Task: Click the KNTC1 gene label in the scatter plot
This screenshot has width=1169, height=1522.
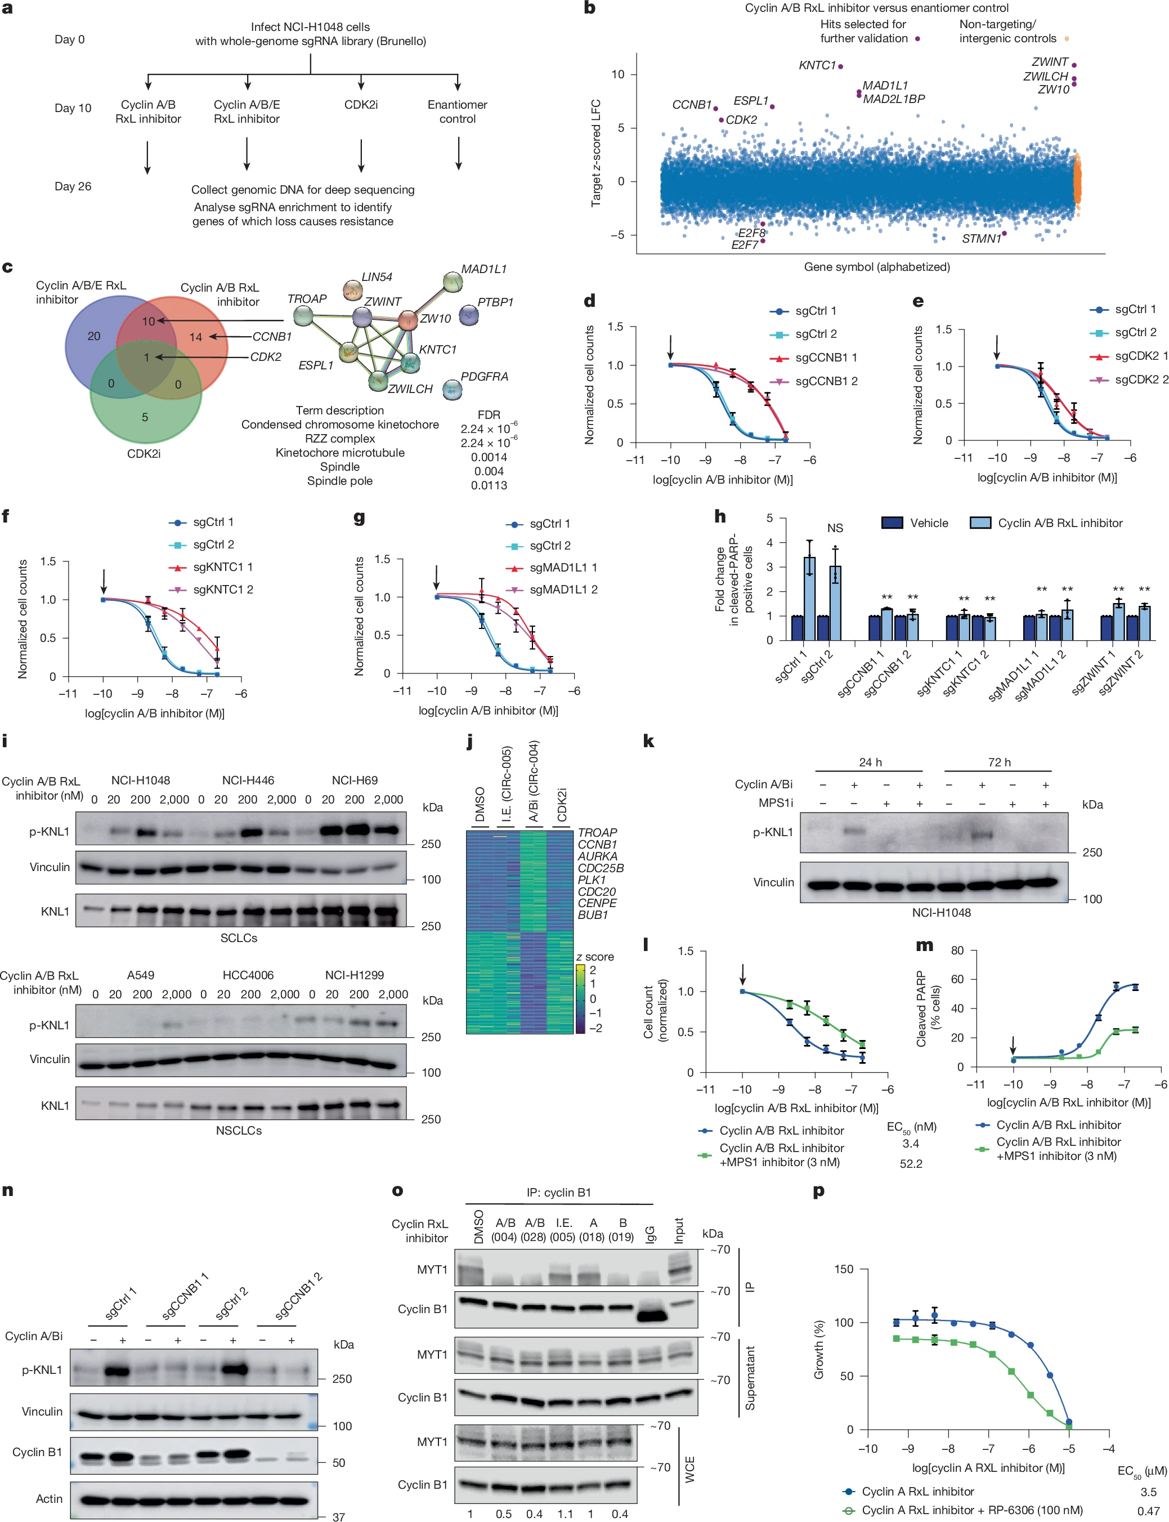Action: coord(816,65)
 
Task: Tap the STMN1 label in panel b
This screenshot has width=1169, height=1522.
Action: coord(981,239)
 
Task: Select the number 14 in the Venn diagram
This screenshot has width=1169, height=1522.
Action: coord(195,337)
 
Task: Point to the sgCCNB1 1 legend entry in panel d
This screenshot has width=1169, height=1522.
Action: coord(826,357)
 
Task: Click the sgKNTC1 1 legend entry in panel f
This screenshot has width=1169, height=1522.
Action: coord(223,567)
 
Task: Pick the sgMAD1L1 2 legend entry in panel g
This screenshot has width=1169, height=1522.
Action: coord(563,589)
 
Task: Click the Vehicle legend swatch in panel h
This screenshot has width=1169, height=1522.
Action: coord(892,523)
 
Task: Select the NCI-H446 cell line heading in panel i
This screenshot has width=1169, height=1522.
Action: coord(248,780)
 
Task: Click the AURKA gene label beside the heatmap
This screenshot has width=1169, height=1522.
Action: coord(597,856)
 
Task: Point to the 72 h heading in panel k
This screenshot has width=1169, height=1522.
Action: coord(998,762)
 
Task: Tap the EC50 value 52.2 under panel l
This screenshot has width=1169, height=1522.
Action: coord(911,1163)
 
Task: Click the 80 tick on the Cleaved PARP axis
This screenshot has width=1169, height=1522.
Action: coord(957,950)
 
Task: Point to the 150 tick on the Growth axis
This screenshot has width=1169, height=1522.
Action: coord(843,1269)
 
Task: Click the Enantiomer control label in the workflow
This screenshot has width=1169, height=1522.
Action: coord(457,111)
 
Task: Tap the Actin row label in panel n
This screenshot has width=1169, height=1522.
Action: coord(49,1498)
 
